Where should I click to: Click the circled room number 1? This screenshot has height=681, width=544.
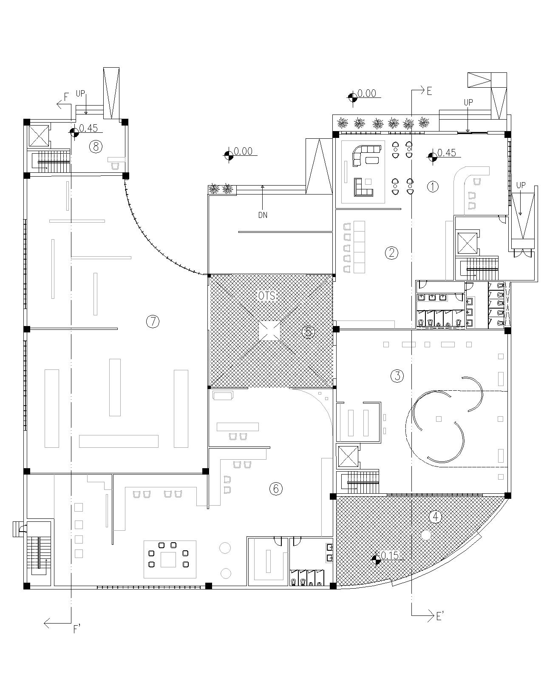pyautogui.click(x=433, y=186)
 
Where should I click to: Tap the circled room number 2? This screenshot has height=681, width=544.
pyautogui.click(x=391, y=253)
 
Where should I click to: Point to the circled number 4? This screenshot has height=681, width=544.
pyautogui.click(x=435, y=516)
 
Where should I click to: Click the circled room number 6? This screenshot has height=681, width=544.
pyautogui.click(x=276, y=489)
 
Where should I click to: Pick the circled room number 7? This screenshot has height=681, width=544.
pyautogui.click(x=153, y=321)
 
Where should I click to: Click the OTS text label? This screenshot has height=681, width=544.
pyautogui.click(x=266, y=296)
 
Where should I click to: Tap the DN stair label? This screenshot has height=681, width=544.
pyautogui.click(x=263, y=215)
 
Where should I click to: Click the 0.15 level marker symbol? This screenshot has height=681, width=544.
pyautogui.click(x=376, y=560)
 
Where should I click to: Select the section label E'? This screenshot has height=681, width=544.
pyautogui.click(x=441, y=616)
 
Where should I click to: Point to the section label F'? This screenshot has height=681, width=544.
pyautogui.click(x=77, y=629)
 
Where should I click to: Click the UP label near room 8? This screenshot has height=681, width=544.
pyautogui.click(x=80, y=93)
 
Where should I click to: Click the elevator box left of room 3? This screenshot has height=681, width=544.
pyautogui.click(x=348, y=456)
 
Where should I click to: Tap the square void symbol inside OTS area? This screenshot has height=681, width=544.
pyautogui.click(x=269, y=331)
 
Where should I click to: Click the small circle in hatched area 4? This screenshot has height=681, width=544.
pyautogui.click(x=426, y=535)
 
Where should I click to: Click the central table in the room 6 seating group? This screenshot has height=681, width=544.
pyautogui.click(x=168, y=559)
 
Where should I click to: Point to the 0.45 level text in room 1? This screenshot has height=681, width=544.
pyautogui.click(x=447, y=152)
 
